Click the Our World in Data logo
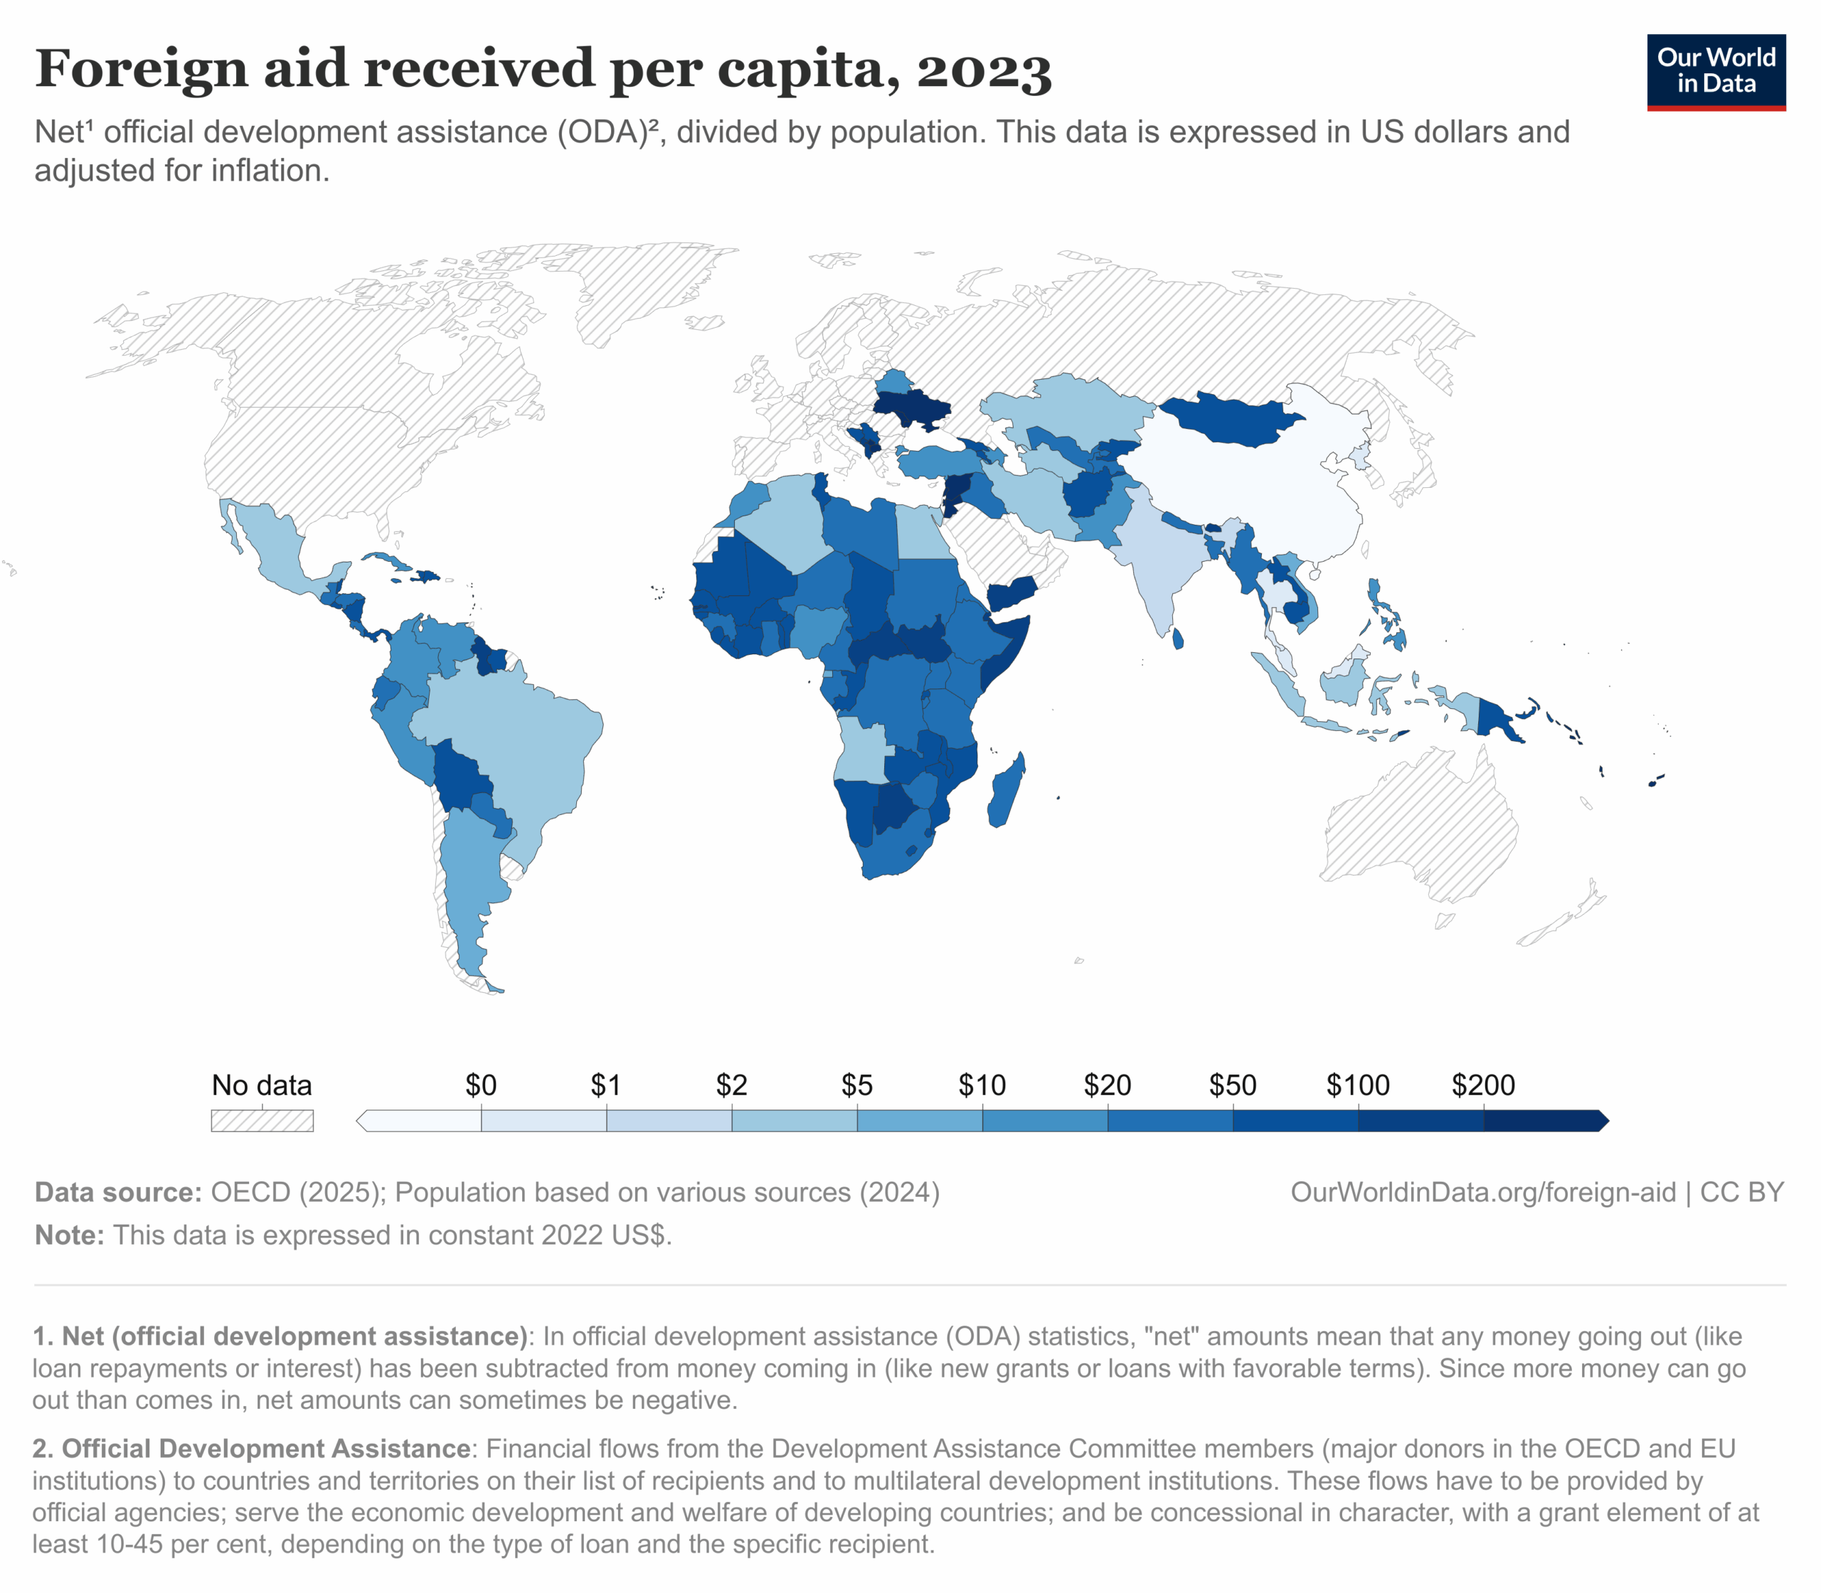point(1715,72)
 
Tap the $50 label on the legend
point(1232,1085)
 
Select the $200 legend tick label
point(1482,1085)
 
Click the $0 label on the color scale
point(481,1085)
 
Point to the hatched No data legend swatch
point(262,1120)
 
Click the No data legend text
point(262,1085)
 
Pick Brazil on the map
point(506,738)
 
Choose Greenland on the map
point(640,284)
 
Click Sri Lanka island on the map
point(1178,639)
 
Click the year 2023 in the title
point(984,70)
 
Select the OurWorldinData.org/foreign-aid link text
point(1482,1192)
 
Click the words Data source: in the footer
point(118,1192)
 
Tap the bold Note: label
point(70,1235)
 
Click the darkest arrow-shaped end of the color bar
point(1600,1120)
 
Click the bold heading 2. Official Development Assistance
point(252,1448)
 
